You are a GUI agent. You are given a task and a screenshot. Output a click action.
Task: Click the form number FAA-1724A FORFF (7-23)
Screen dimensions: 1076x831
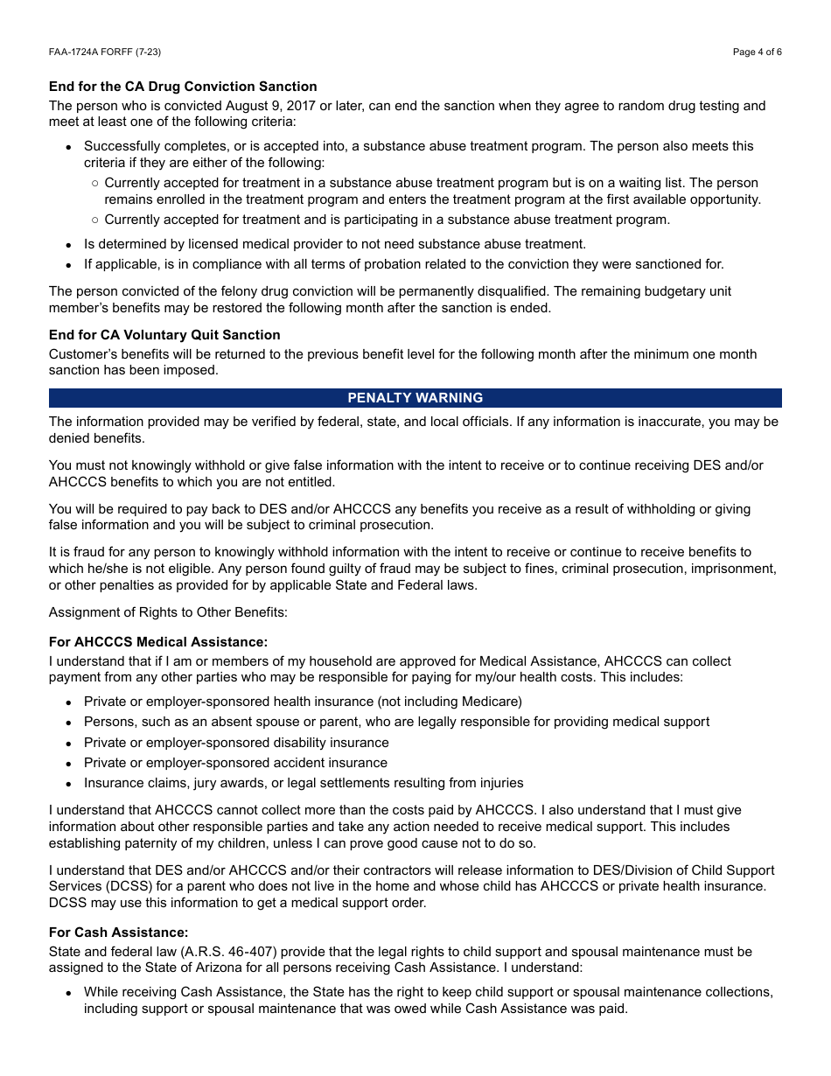[x=105, y=52]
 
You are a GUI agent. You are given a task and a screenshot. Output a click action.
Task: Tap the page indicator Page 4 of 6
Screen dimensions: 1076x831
[x=757, y=52]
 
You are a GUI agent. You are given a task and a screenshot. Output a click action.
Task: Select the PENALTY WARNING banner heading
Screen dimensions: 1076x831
[x=415, y=398]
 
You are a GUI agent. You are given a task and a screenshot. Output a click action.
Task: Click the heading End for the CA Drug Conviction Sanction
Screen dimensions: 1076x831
[x=183, y=87]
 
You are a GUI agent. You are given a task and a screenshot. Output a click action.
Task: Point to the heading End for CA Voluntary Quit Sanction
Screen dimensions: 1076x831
[x=164, y=335]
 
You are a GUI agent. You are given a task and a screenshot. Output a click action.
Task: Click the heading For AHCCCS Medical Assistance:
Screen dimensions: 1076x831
[x=158, y=642]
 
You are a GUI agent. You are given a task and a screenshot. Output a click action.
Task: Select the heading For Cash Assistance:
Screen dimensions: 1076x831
[x=118, y=933]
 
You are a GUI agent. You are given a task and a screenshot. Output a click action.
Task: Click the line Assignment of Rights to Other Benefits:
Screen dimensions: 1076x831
[x=168, y=612]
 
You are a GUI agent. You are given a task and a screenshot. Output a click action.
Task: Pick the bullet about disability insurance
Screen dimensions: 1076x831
[x=236, y=743]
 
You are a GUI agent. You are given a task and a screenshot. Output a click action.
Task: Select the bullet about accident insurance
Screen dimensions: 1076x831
[x=235, y=763]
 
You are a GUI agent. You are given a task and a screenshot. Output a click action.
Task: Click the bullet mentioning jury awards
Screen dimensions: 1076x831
[x=304, y=783]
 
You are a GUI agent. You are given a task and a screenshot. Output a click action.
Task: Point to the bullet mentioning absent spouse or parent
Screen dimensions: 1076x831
[x=396, y=722]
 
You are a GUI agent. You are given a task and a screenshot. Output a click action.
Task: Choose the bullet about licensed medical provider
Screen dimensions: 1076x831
[x=334, y=244]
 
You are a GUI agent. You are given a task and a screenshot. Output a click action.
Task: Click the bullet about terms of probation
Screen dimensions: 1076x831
[x=403, y=264]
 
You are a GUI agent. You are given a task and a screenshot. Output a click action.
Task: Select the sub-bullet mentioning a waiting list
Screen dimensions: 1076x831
[x=431, y=191]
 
